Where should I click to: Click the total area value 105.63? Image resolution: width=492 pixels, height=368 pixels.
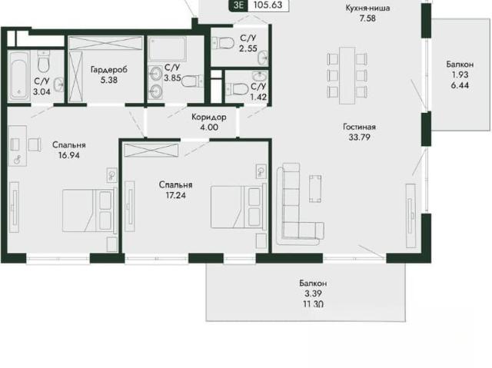pos(268,5)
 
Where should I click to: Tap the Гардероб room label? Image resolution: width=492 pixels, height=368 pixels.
pos(109,69)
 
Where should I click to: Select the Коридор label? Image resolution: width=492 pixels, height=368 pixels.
pos(209,118)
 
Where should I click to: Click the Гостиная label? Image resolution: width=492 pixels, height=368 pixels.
pos(359,127)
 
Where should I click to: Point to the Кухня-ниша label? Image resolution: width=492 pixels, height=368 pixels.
pos(367,8)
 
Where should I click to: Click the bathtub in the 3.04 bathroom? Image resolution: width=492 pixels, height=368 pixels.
pos(18,76)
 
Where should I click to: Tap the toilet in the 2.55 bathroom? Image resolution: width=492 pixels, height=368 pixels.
pos(223,42)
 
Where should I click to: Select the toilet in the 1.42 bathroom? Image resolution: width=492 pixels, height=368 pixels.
pos(237,88)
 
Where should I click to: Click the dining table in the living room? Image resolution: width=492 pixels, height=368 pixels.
pos(347,75)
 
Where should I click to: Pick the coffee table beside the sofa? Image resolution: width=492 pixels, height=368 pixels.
pos(315,188)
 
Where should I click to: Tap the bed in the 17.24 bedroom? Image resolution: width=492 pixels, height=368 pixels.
pos(239,207)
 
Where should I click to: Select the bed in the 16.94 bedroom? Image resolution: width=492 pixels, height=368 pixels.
pos(90,211)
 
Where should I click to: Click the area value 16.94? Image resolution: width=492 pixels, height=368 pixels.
pos(69,155)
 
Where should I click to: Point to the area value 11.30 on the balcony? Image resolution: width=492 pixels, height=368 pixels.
pos(314,303)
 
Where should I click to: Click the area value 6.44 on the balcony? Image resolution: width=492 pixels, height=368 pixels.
pos(460,85)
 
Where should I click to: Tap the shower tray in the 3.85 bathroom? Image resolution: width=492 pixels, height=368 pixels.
pos(168,48)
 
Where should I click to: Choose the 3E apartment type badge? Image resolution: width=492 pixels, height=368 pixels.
pos(238,5)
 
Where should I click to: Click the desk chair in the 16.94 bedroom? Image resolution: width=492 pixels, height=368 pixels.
pos(34,144)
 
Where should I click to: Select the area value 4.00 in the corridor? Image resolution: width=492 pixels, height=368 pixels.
pos(209,128)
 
